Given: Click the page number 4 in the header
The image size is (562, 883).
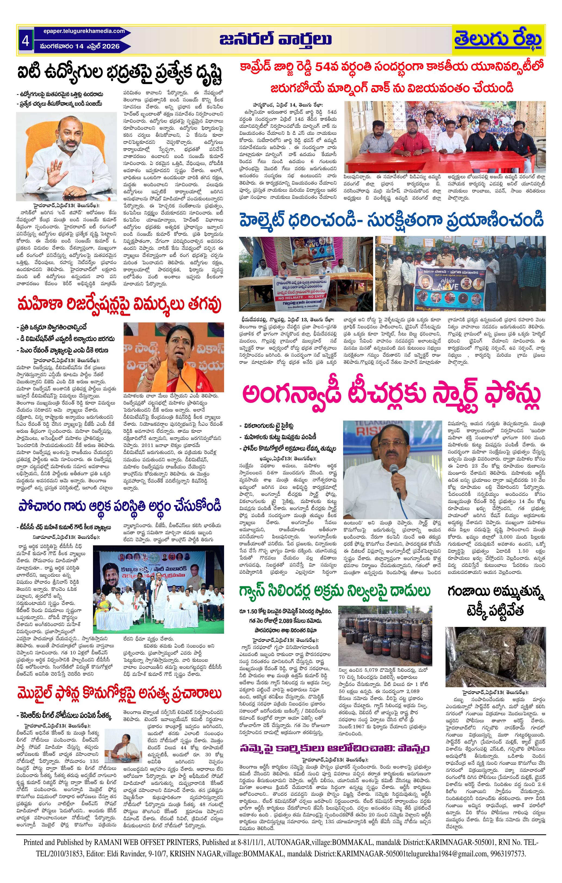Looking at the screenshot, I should pyautogui.click(x=25, y=40).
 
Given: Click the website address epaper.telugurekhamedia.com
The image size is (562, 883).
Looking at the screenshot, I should pyautogui.click(x=84, y=31).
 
